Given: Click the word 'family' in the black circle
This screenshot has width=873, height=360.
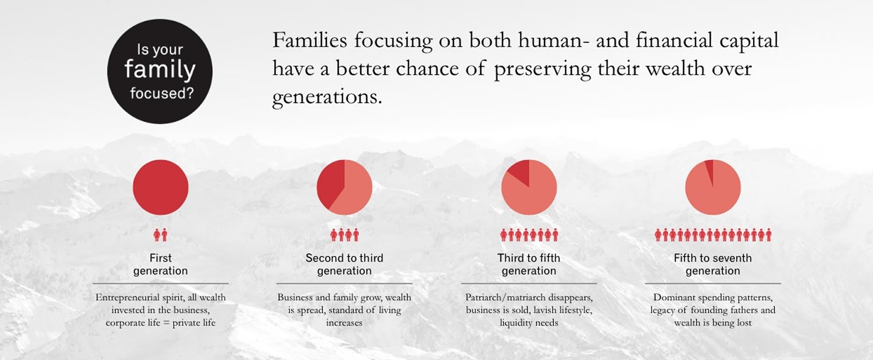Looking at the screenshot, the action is tap(160, 70).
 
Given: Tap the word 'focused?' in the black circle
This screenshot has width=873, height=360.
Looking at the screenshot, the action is tap(162, 93).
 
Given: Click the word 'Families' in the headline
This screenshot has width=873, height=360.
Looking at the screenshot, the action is tap(309, 40).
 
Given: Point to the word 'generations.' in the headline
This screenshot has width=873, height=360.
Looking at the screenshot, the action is tap(327, 98).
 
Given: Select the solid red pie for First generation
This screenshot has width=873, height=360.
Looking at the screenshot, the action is tap(160, 188).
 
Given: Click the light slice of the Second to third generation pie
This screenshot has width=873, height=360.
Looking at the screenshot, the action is tap(352, 191).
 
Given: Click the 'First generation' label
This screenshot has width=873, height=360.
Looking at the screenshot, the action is tap(160, 264).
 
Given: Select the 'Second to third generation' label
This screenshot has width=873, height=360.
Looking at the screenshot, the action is tap(344, 264).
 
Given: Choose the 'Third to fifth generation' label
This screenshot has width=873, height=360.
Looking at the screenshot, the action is tap(529, 264).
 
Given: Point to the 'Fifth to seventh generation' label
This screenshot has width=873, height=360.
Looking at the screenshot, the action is tap(713, 264).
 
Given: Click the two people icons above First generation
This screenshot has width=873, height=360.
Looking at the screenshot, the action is tap(160, 235).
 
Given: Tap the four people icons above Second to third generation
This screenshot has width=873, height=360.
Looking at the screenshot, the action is tap(344, 235).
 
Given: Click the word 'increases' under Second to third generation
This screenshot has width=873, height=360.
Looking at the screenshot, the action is tap(344, 323).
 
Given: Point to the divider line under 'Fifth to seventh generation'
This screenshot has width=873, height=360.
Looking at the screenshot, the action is tap(713, 284).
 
